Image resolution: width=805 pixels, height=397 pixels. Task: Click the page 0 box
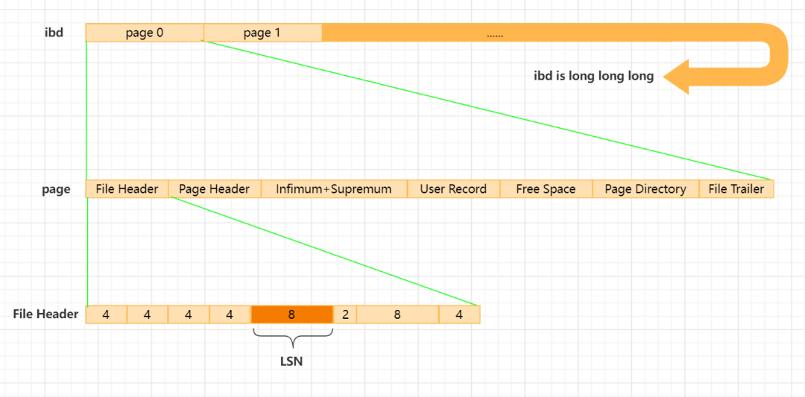145,33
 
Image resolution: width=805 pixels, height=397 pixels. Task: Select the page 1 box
262,33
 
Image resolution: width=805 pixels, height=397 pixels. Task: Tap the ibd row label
54,33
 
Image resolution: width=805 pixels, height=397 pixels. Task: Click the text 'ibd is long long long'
594,77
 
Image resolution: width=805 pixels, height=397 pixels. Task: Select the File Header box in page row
127,188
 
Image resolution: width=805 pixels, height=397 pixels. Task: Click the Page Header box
215,188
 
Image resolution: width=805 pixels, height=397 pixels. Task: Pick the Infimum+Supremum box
334,188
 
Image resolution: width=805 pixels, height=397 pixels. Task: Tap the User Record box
454,188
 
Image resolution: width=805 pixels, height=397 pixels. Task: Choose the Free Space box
546,188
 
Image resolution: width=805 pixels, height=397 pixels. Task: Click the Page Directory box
645,188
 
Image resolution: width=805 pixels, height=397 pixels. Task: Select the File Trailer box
736,188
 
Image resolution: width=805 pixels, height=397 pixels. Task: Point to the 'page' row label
56,189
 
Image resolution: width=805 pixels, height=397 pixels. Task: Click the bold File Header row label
45,314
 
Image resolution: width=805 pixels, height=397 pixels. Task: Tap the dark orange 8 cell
291,314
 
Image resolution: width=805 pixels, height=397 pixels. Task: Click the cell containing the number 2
345,314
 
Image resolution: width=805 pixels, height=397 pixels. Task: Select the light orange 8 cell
397,314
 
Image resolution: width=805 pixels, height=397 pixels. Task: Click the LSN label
291,361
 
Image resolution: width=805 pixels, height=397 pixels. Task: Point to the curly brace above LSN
293,337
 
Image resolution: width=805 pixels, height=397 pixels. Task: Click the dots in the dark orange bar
494,36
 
